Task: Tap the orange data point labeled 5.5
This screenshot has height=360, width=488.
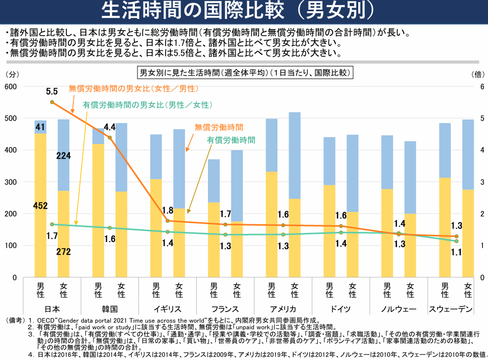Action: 52,102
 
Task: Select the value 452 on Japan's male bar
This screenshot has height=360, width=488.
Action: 40,206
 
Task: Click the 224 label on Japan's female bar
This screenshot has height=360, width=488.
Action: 64,156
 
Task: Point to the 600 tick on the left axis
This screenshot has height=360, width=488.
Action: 11,87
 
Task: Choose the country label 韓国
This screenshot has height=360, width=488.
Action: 110,309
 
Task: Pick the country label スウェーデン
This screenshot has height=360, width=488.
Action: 452,309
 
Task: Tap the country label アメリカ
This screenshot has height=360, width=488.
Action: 282,309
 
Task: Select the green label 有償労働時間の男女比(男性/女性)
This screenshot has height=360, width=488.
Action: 147,105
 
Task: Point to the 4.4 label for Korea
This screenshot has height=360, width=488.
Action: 110,127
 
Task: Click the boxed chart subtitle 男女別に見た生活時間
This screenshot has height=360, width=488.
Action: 245,73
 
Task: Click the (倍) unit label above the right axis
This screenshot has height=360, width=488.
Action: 478,75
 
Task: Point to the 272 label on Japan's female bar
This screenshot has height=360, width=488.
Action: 64,252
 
